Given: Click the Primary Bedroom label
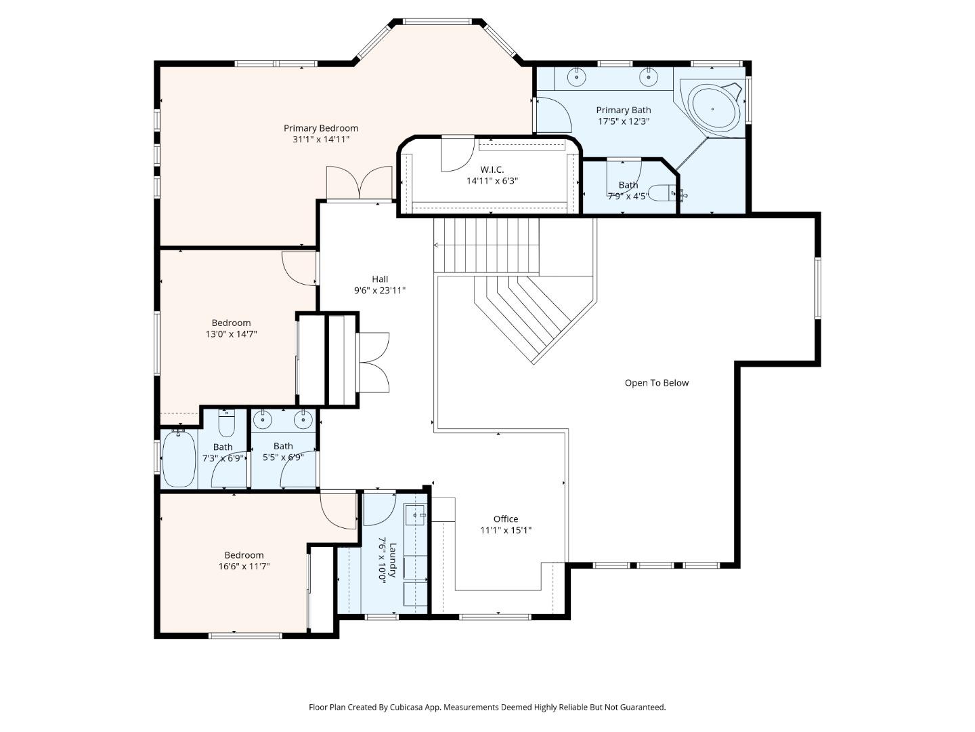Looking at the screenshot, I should coord(320,128).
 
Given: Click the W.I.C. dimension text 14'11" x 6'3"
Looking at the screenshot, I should coord(492,181).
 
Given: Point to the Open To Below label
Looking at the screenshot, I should coord(656,383).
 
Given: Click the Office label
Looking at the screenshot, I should coord(505,519).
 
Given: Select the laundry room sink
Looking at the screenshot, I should coord(415,516).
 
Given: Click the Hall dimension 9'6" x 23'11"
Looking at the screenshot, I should coord(379,291).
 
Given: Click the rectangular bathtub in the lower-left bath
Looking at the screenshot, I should coord(179,459).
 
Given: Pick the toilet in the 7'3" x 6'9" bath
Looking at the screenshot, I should coord(226,424).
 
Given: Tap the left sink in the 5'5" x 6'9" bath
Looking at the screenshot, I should coord(263,421).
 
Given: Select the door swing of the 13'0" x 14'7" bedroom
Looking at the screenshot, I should coord(299,268).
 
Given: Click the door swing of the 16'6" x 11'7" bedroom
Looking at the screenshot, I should coord(338,510).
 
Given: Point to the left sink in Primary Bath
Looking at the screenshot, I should coord(576,76).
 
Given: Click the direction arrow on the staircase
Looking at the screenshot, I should coord(437,245).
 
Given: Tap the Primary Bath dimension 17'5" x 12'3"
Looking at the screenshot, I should coord(623,122).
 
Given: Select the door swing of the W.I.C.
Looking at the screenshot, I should coord(457,155).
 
